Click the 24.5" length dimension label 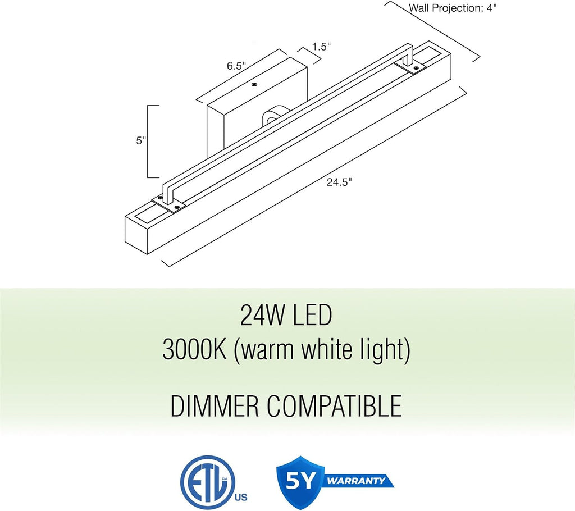point(339,182)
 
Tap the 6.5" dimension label point(236,66)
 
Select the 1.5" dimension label point(322,47)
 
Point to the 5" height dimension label point(141,140)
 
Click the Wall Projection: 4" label point(453,8)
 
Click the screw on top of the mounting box point(254,85)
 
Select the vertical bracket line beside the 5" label point(148,142)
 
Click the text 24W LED point(286,316)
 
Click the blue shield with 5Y point(301,479)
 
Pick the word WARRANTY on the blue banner point(355,481)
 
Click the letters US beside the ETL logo point(240,498)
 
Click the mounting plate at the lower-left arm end point(168,203)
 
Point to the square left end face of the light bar point(136,235)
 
